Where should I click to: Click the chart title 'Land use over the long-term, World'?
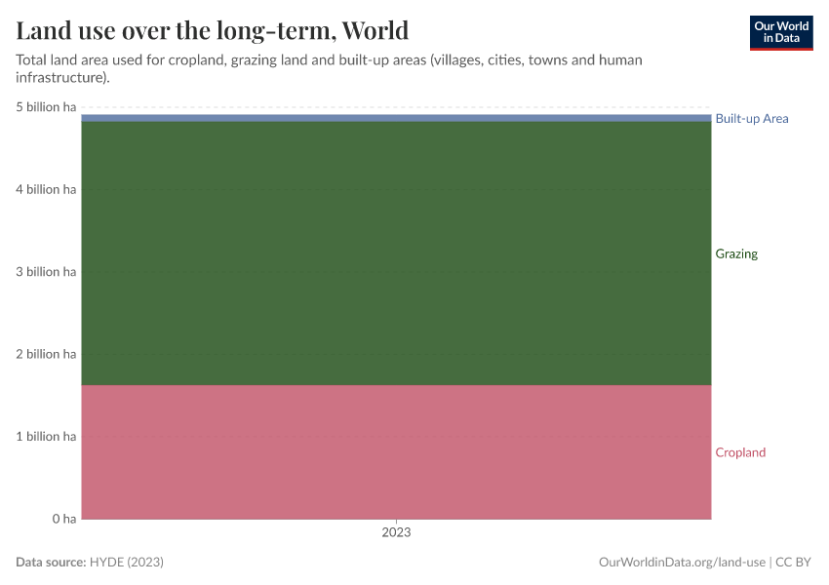(212, 30)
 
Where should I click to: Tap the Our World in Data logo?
(780, 32)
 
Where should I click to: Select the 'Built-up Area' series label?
(751, 119)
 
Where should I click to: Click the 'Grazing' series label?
(735, 253)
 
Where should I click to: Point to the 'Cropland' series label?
(740, 452)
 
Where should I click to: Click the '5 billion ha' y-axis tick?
(46, 107)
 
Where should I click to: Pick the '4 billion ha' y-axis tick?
(46, 189)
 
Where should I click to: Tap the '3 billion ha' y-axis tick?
(46, 272)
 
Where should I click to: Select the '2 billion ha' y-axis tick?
(46, 354)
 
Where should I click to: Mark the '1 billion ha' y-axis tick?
(46, 436)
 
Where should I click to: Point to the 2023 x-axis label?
(396, 533)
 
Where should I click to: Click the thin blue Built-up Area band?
(396, 118)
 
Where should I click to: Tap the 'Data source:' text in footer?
(51, 563)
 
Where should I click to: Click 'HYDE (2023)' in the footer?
(126, 563)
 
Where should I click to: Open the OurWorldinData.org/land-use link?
(681, 563)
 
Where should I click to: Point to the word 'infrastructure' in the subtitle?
(58, 77)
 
